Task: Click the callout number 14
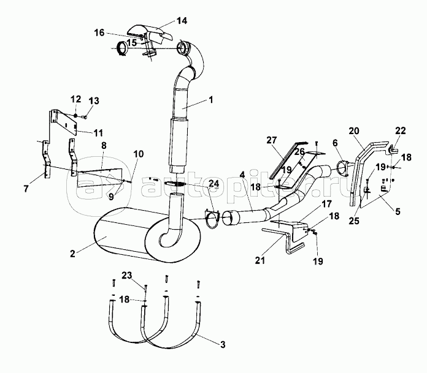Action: pos(182,21)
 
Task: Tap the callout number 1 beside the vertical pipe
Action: pos(211,99)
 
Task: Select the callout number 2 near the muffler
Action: pos(72,254)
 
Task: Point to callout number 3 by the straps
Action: pos(223,345)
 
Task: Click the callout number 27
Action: pos(272,140)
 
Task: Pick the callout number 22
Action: pos(400,130)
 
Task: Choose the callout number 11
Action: pos(98,133)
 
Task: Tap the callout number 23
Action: pos(126,276)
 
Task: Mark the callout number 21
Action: pos(260,260)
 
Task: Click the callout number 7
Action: pos(26,189)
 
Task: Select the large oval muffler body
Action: pos(147,235)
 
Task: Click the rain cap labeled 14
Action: pos(150,34)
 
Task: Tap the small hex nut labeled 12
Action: pos(75,116)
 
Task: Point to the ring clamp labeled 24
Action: pos(212,219)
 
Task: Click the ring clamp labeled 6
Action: pos(342,168)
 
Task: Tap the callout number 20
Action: pos(354,131)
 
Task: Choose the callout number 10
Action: pos(138,154)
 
